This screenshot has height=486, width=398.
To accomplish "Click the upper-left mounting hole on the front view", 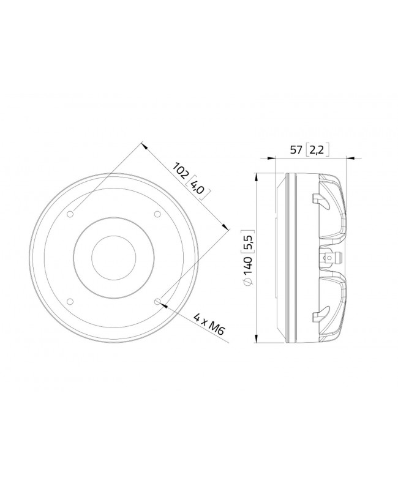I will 70,214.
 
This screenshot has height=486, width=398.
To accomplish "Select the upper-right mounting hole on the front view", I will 157,214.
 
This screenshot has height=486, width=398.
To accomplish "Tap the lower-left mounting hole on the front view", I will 70,301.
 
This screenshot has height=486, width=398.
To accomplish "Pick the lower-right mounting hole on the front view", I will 157,301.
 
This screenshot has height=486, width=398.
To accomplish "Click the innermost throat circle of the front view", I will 114,257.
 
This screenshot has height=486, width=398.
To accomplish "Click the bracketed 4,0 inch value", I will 199,188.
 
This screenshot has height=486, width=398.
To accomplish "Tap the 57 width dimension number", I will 296,149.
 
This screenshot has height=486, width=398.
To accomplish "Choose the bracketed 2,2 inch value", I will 318,149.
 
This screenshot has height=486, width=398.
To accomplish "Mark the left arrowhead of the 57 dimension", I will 278,159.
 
